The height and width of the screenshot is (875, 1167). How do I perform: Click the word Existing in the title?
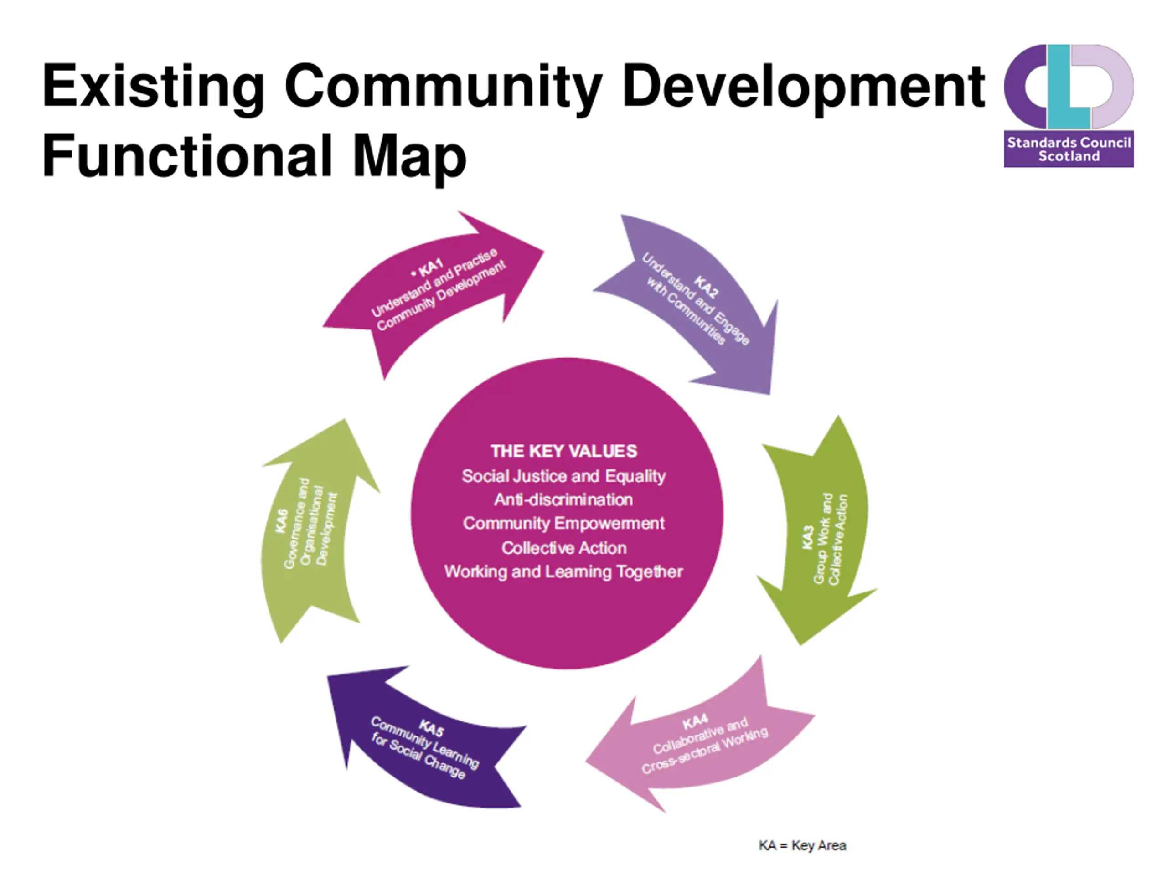[x=153, y=86]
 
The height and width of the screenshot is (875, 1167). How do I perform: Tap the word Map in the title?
[x=409, y=157]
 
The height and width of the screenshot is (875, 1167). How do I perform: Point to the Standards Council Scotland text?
[x=1069, y=149]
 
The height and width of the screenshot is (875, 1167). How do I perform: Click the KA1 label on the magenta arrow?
[x=430, y=268]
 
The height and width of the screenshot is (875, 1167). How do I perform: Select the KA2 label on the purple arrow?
[x=705, y=286]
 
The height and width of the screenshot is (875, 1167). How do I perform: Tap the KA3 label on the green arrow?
[x=807, y=537]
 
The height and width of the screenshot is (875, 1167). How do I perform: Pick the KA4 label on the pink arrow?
[x=695, y=721]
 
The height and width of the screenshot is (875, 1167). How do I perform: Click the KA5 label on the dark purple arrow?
[x=431, y=728]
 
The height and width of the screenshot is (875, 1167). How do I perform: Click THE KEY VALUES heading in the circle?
[x=563, y=451]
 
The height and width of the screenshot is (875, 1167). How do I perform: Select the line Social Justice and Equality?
[x=563, y=476]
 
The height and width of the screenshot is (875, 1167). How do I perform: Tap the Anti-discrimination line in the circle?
[x=563, y=499]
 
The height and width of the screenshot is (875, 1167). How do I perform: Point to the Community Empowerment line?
[x=563, y=523]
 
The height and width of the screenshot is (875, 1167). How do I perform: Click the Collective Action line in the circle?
[x=563, y=548]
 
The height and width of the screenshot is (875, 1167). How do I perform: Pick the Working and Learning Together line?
[x=563, y=572]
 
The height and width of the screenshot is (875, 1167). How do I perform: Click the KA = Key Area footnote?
[x=802, y=845]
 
